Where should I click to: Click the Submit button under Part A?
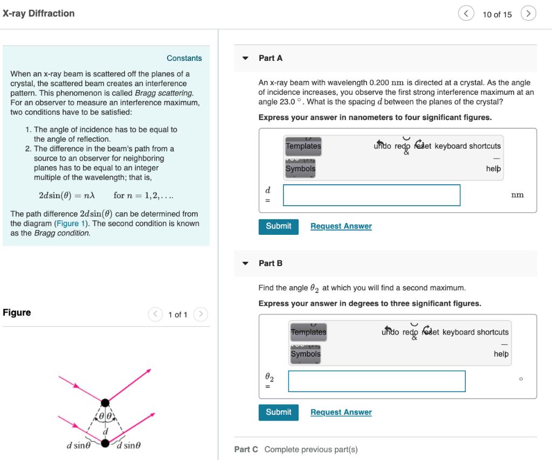(278, 226)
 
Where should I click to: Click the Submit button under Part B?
(278, 412)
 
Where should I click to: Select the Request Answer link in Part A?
(341, 226)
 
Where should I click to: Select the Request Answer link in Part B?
(341, 412)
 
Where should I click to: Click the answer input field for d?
(371, 195)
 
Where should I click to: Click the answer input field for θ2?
(376, 381)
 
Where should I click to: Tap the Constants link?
(184, 58)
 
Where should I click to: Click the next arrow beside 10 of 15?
(528, 14)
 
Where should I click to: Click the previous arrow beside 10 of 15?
(466, 14)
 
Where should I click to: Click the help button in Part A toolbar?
(493, 169)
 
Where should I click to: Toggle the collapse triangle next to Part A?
(246, 58)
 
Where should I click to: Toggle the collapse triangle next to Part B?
(246, 263)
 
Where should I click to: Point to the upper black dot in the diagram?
(105, 402)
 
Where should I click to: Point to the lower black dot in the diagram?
(106, 443)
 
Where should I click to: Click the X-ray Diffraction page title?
(38, 13)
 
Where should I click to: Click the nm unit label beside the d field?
(517, 195)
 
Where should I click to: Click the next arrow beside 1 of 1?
(200, 314)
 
